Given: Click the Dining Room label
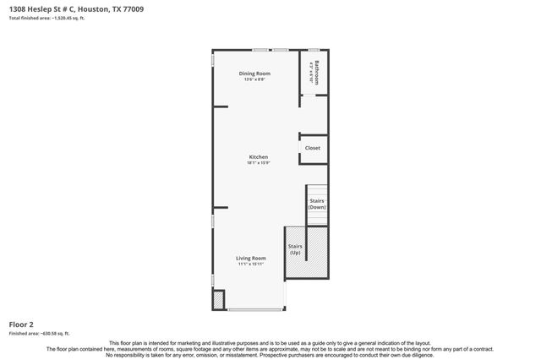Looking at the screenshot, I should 254,74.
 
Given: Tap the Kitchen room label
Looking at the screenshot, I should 258,156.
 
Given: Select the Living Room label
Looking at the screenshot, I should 251,258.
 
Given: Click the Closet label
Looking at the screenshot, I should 313,148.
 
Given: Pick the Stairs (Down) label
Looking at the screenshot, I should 317,204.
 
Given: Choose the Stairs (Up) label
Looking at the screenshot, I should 295,250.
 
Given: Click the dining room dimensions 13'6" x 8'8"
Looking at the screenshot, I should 254,79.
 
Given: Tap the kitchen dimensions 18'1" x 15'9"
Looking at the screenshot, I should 258,162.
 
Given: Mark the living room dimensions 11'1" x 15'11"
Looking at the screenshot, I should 251,264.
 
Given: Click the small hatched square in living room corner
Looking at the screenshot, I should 218,300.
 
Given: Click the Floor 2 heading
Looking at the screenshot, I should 21,324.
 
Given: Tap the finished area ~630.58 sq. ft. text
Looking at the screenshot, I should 39,333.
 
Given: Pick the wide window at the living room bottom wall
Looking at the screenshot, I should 255,309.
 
